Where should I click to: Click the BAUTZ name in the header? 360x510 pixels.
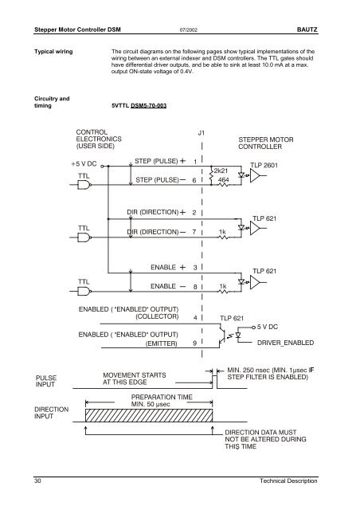tap(307, 29)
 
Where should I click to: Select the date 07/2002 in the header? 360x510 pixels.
tap(189, 30)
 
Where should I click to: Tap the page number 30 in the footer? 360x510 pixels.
tap(37, 481)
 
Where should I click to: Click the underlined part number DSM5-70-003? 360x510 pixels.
tap(149, 105)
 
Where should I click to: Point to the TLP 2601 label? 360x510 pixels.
tap(264, 165)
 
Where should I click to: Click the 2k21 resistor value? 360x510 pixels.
tap(221, 171)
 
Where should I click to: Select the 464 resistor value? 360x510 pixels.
tap(224, 179)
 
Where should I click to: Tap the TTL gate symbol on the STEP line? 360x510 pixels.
tap(84, 185)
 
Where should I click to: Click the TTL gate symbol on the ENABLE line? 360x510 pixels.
tap(84, 291)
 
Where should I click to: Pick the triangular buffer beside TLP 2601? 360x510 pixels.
tap(255, 175)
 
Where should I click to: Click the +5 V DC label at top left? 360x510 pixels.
tap(84, 164)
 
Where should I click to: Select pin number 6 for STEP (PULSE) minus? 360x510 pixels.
tap(194, 180)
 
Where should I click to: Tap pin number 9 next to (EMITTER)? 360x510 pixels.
tap(195, 343)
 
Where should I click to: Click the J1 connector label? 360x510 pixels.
tap(202, 133)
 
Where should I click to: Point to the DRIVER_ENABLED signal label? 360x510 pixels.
tap(285, 343)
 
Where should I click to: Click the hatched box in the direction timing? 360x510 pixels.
tap(149, 415)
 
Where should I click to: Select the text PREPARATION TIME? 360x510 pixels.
tap(162, 397)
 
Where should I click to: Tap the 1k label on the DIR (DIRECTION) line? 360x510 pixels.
tap(222, 232)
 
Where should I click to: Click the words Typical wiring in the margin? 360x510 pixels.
tap(53, 52)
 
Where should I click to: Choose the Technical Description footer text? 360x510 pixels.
tap(288, 481)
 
